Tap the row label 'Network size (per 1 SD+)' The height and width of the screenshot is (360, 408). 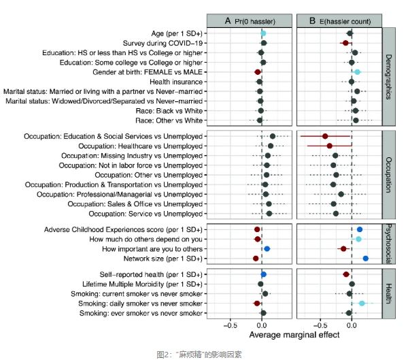161,259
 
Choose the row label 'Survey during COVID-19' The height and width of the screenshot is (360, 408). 161,42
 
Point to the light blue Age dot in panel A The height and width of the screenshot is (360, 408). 263,33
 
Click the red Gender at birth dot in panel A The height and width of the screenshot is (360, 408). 257,71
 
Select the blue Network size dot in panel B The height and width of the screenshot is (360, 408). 365,259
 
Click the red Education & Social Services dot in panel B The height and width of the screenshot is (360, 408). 325,136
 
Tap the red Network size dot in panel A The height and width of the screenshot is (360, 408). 256,259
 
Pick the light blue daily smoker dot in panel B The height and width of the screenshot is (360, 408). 362,303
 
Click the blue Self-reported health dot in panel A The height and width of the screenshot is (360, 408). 264,274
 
